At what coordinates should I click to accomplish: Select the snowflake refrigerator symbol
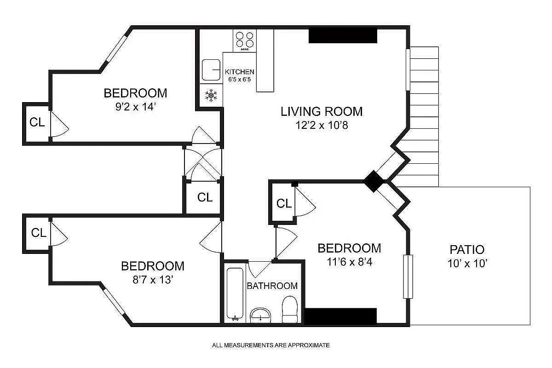tap(211, 96)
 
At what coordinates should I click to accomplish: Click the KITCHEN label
tap(239, 72)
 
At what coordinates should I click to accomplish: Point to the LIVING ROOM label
tap(322, 111)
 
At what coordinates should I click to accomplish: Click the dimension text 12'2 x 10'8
tap(322, 125)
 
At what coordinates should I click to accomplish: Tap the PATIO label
tap(466, 250)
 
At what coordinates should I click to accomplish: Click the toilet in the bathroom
tap(290, 309)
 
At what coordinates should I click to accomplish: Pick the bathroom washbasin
tap(261, 316)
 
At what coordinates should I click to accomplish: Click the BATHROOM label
tap(272, 286)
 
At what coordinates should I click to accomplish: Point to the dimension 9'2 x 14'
tap(135, 107)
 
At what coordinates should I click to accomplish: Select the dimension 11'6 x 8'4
tap(349, 262)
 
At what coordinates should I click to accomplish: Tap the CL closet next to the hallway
tap(205, 197)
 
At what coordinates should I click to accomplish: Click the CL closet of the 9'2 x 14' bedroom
tap(37, 122)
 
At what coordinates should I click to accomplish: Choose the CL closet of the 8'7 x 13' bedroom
tap(39, 233)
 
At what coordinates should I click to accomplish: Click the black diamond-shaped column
tap(374, 181)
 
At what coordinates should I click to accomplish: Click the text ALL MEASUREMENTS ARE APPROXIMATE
tap(270, 345)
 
